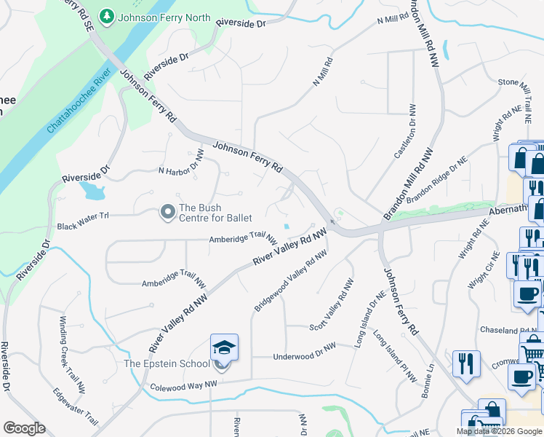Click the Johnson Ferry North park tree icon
[x=107, y=16]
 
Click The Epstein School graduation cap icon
[x=224, y=349]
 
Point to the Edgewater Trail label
[x=76, y=406]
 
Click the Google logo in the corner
[x=24, y=428]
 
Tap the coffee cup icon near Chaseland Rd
[x=527, y=294]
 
